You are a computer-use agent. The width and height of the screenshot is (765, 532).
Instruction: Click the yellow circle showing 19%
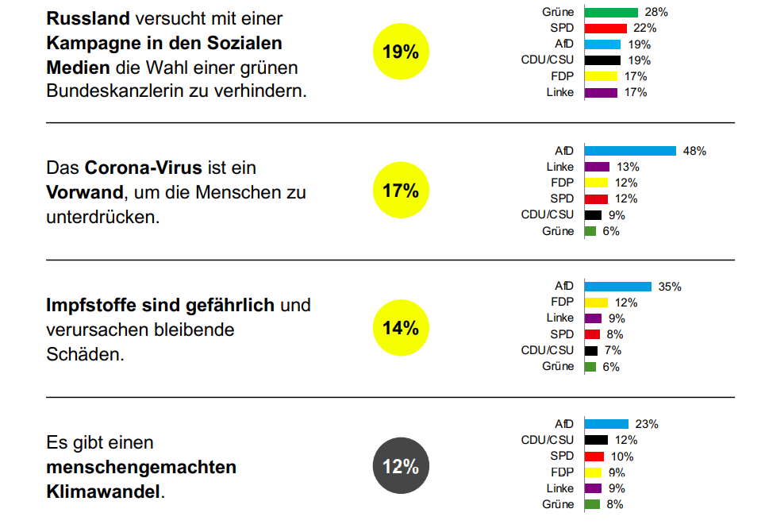[401, 52]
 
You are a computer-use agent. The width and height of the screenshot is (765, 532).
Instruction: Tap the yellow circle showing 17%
[401, 191]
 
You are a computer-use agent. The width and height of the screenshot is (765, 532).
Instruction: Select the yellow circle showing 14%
[401, 327]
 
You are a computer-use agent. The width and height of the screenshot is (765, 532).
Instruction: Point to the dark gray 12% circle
[401, 466]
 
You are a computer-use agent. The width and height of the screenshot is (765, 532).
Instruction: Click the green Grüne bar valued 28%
[611, 12]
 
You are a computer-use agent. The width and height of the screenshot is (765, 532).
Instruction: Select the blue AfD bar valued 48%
[630, 151]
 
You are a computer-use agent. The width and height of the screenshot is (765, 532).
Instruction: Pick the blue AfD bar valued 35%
[618, 287]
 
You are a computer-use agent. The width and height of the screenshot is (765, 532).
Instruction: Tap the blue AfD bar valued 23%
[606, 424]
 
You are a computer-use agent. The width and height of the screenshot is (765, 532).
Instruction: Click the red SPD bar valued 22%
[605, 28]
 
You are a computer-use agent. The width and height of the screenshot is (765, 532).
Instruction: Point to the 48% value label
[694, 151]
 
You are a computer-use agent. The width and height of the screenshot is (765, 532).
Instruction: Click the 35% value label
[671, 287]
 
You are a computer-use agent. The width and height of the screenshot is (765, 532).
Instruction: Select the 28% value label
[656, 12]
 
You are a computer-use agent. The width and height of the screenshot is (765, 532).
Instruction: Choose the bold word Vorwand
[84, 192]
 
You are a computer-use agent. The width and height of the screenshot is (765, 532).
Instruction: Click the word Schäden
[85, 354]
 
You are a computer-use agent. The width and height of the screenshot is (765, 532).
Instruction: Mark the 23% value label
[647, 424]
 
